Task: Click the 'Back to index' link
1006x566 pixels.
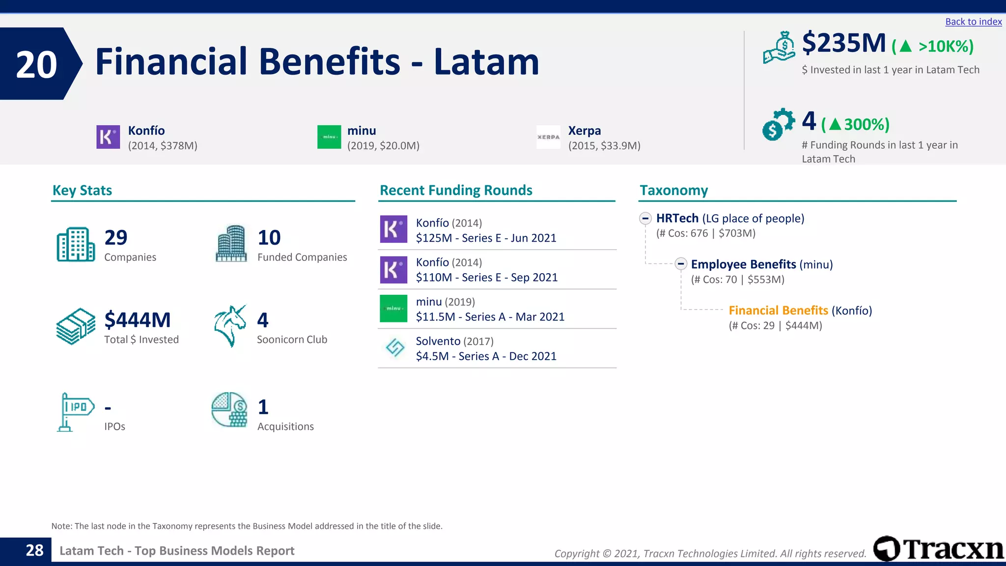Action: pos(973,22)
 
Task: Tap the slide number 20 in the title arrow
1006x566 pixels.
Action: pos(36,64)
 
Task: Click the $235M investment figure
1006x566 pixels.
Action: pos(843,43)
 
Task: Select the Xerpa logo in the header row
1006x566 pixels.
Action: pos(548,137)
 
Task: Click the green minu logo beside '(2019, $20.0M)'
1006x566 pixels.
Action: pos(329,137)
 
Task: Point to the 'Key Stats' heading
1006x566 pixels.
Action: pos(82,190)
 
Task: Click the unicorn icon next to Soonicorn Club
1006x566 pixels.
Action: pos(230,326)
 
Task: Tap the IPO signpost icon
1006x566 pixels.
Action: pos(75,412)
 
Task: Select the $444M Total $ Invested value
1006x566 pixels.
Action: pos(138,320)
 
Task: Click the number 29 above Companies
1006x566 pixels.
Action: pos(116,237)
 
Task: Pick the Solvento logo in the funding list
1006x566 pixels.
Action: pos(394,348)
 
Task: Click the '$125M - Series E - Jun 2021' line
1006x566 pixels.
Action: pos(486,238)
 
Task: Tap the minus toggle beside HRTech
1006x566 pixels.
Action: pos(645,218)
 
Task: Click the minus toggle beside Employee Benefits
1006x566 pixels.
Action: pos(680,264)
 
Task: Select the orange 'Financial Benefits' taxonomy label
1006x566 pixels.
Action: pos(778,311)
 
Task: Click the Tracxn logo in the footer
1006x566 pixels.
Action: pos(938,548)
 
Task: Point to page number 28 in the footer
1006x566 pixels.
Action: pos(34,550)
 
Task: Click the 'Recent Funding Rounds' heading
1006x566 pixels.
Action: pos(456,190)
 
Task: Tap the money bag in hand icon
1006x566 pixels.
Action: pos(779,48)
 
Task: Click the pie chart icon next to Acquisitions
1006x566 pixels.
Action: pos(229,409)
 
